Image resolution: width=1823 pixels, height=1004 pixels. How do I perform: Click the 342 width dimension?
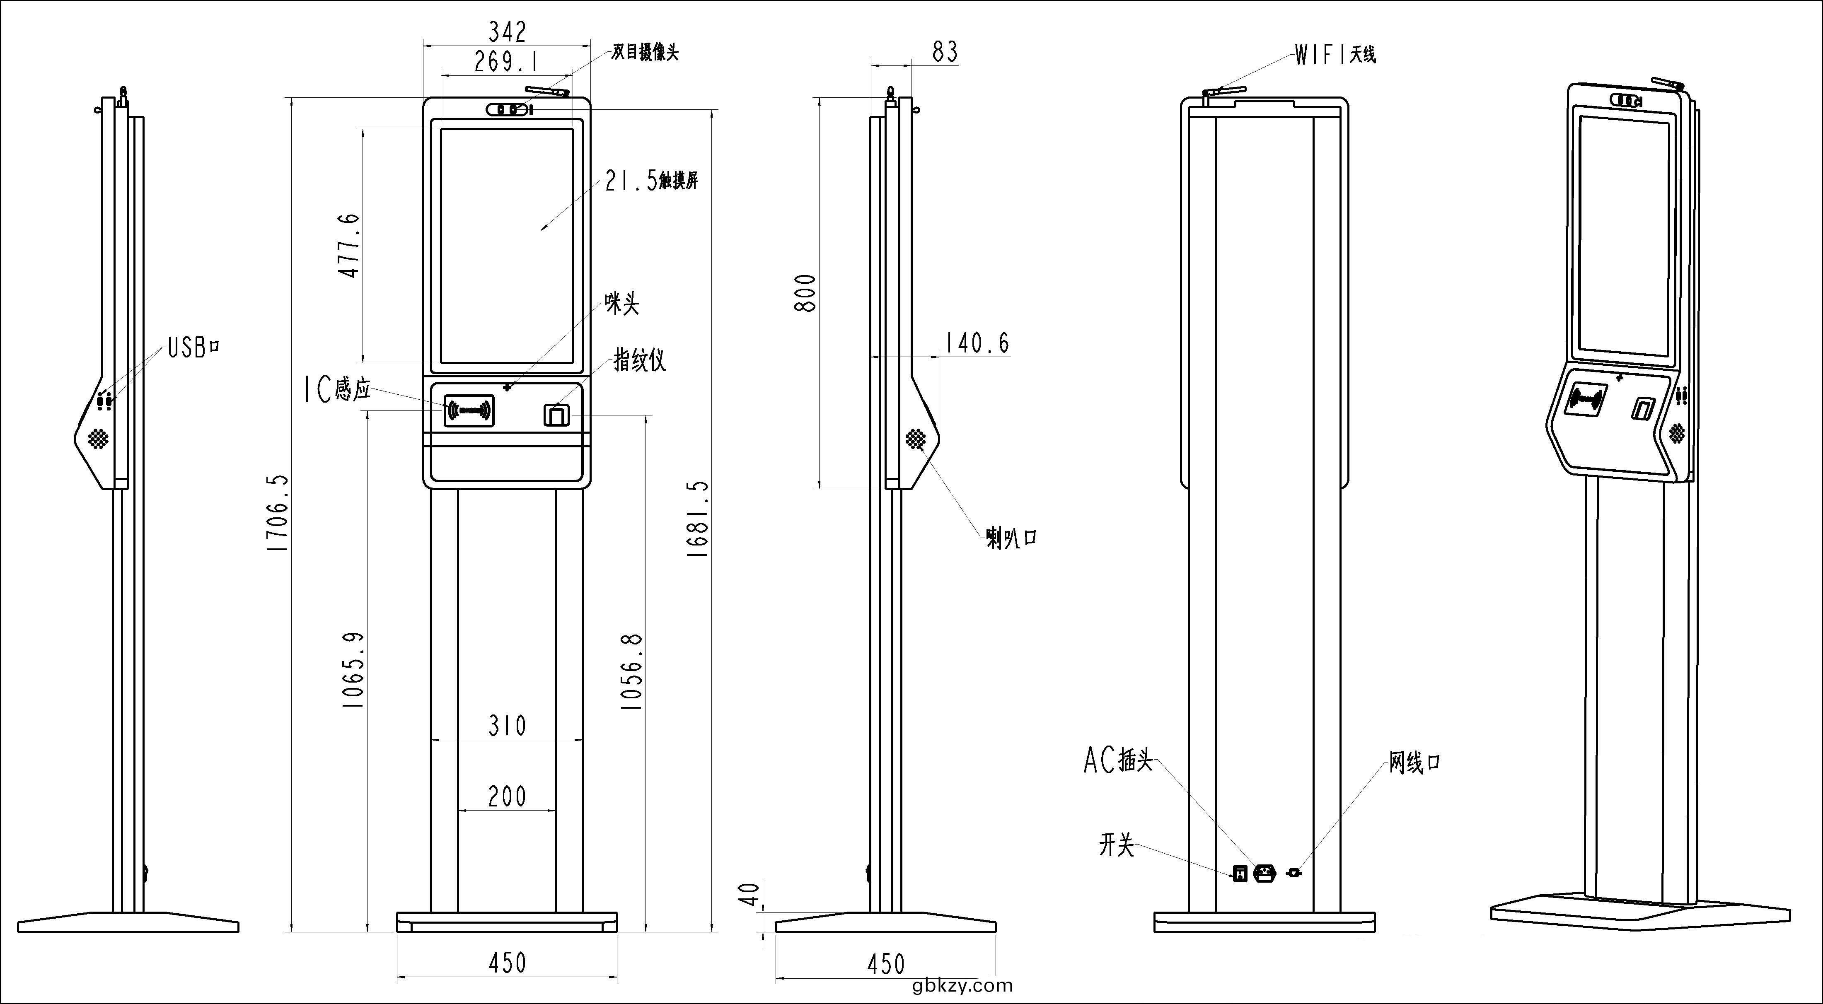pos(508,32)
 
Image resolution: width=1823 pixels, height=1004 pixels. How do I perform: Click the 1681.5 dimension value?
pos(698,519)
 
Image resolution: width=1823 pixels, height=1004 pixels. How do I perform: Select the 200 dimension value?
pos(508,796)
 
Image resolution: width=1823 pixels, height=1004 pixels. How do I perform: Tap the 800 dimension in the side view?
pos(805,293)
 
